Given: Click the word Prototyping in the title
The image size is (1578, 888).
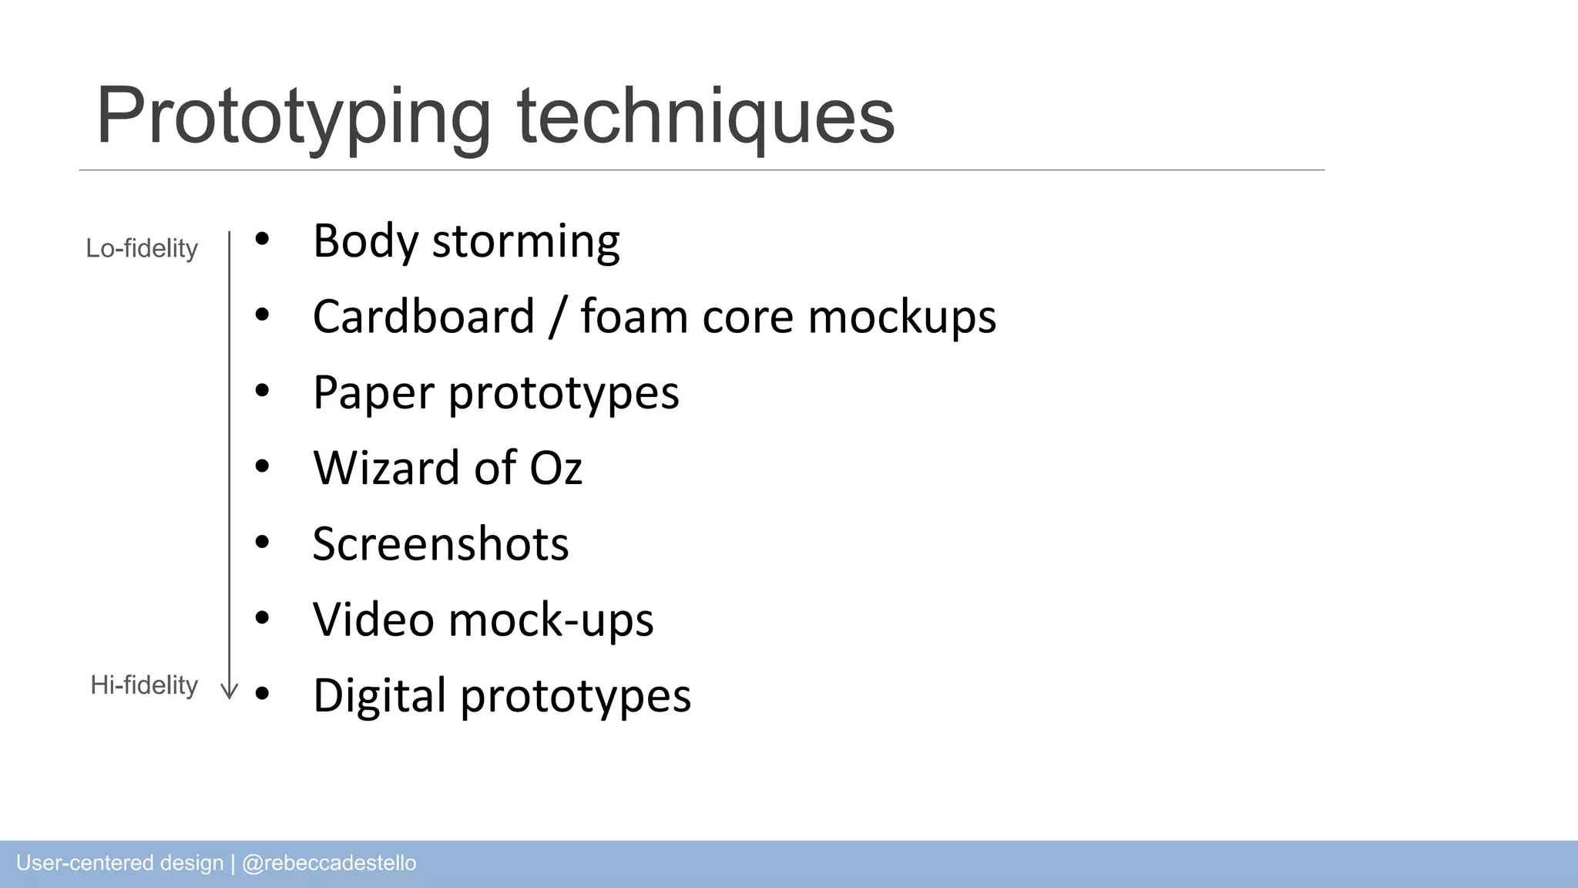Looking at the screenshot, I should (x=293, y=117).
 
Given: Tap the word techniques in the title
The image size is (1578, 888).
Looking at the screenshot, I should (x=705, y=117).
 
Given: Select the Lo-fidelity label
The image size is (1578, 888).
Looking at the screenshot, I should (x=142, y=248).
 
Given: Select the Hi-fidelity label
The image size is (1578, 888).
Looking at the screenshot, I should (x=144, y=684).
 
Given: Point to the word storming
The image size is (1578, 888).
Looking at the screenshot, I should (x=525, y=241).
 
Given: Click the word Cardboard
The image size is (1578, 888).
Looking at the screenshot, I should (x=423, y=317).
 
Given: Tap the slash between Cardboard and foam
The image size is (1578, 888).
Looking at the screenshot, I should (x=557, y=317).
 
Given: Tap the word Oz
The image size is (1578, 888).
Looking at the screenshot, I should (x=555, y=468).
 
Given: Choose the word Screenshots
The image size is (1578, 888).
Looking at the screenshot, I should (x=440, y=544).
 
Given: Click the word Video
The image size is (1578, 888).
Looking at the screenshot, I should (x=373, y=620).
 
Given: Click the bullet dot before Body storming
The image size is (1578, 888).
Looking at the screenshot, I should (x=262, y=240).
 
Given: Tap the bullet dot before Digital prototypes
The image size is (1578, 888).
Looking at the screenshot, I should (x=262, y=694).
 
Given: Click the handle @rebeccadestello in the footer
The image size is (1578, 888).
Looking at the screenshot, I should (x=329, y=863).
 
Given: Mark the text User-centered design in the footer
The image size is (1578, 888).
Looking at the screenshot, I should (x=119, y=863).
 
